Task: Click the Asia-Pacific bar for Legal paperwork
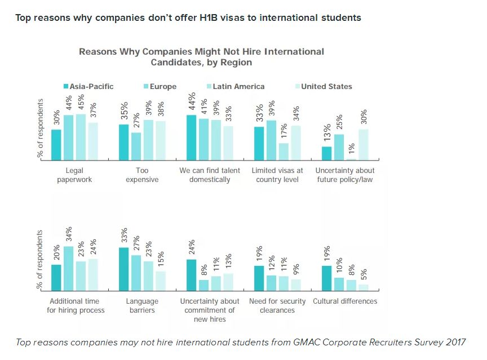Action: click(x=56, y=145)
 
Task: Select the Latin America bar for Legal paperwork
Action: click(x=81, y=137)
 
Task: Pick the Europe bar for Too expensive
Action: click(x=136, y=146)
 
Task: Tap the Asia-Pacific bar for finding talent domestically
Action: click(x=192, y=138)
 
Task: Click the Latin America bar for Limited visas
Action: click(x=284, y=152)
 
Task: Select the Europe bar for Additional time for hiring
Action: click(x=68, y=267)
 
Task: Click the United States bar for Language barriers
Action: click(x=161, y=279)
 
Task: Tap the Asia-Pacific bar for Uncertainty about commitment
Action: click(x=192, y=274)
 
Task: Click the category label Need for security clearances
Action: click(x=277, y=306)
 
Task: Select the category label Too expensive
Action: click(x=142, y=175)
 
